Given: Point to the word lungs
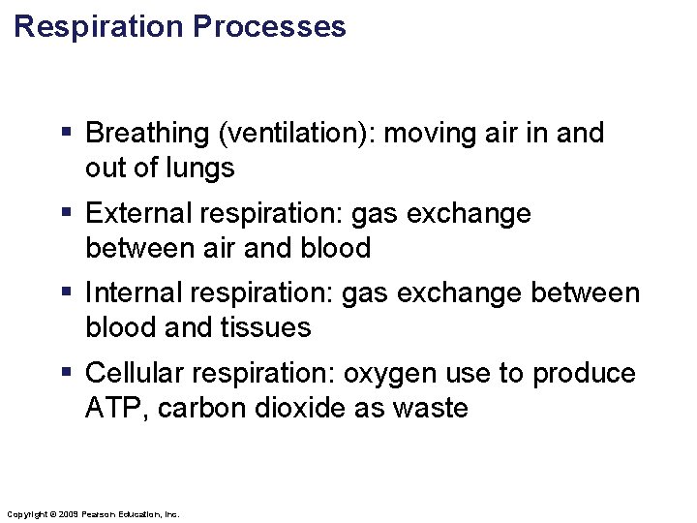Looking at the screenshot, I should (x=200, y=169).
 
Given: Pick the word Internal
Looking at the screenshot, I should (x=131, y=293).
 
